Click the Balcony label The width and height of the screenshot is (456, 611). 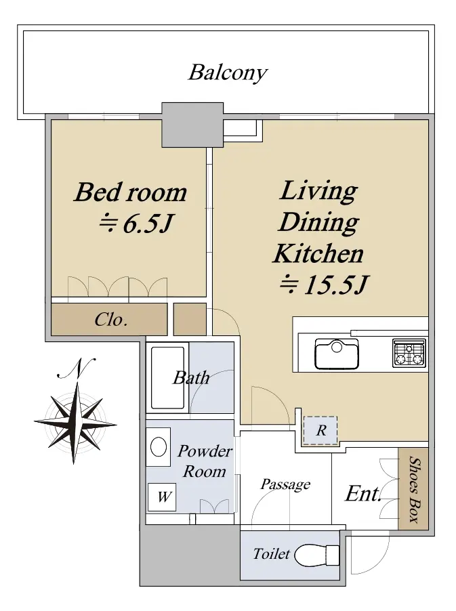(x=228, y=73)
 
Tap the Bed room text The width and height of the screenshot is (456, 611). (x=131, y=192)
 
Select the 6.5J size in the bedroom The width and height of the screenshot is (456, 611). (x=136, y=224)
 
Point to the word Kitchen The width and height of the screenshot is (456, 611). (x=318, y=253)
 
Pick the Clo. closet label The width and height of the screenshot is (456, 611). (x=111, y=320)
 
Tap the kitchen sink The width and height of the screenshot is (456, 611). (x=337, y=354)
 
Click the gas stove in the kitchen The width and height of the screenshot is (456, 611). (x=409, y=353)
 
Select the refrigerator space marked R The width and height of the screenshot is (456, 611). (x=320, y=430)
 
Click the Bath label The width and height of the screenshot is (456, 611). (x=191, y=377)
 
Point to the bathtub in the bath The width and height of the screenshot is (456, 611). (x=167, y=377)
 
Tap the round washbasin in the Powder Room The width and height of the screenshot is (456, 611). (x=159, y=446)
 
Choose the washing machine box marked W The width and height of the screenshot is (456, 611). (x=162, y=497)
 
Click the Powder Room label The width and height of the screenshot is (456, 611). (x=204, y=461)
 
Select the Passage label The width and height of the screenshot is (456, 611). (x=285, y=484)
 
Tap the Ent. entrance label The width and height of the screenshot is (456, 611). (x=363, y=494)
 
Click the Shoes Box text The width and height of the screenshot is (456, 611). (x=415, y=490)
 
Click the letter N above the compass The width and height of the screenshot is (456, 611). (x=77, y=368)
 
